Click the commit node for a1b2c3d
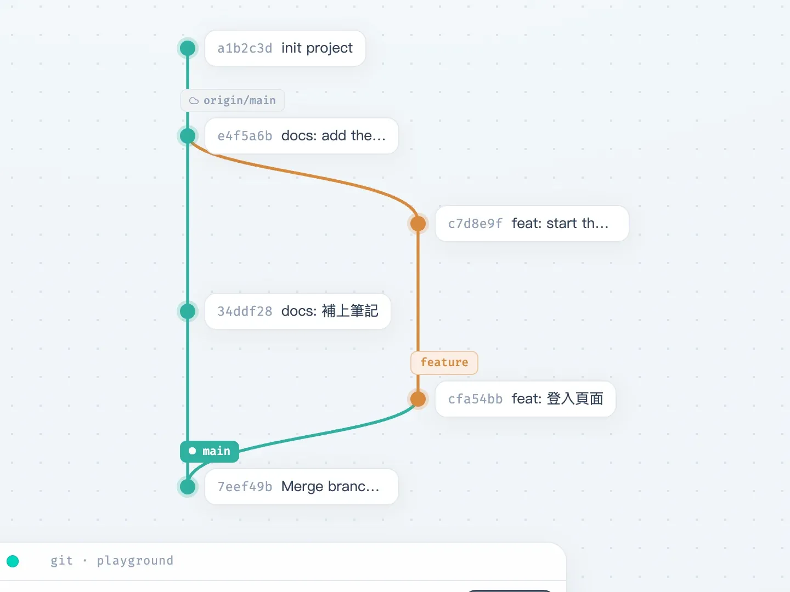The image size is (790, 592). [x=188, y=48]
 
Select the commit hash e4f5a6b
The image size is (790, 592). [x=245, y=136]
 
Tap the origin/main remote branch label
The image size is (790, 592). [x=233, y=100]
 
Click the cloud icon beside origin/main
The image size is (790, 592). [x=194, y=101]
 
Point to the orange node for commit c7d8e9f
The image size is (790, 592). [x=418, y=224]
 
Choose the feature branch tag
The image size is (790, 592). [x=444, y=362]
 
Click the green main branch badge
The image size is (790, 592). [x=210, y=451]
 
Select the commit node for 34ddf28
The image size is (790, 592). [x=188, y=311]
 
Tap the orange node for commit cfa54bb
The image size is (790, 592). [x=418, y=399]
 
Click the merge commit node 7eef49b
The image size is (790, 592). [x=188, y=487]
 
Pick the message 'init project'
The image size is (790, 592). [x=317, y=48]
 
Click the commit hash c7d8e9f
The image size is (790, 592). [x=475, y=224]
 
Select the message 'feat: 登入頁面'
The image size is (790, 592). [x=557, y=399]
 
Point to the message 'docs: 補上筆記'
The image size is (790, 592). [x=330, y=311]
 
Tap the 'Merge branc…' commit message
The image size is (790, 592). [x=330, y=487]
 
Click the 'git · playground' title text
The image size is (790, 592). [x=111, y=561]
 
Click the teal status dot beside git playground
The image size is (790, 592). [x=13, y=561]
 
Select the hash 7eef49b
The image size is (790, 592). [x=245, y=487]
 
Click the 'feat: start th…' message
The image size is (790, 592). [x=560, y=224]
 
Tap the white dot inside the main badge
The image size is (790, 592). [x=192, y=451]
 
